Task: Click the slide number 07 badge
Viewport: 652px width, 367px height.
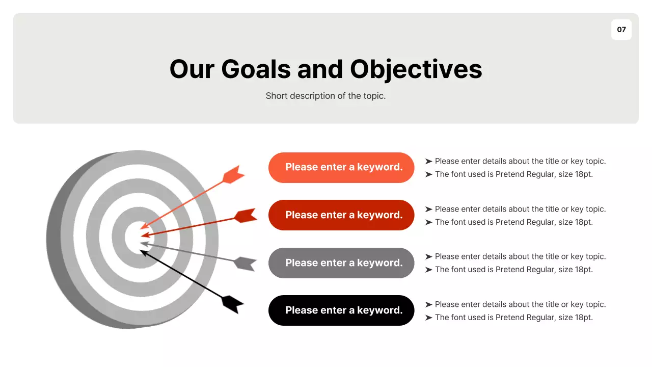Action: pos(621,30)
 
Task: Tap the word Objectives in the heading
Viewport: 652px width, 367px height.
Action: pos(416,69)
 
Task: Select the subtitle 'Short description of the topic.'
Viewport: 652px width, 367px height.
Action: pos(325,96)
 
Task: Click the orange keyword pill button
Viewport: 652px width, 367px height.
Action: pos(341,167)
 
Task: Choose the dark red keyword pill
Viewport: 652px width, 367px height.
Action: pos(341,215)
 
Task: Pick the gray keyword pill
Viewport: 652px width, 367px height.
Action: pos(341,263)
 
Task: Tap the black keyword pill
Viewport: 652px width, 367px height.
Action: pos(341,310)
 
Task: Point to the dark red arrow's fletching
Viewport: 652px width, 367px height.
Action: pos(246,216)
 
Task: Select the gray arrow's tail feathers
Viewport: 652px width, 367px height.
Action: pos(245,264)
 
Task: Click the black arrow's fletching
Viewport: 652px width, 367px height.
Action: pos(233,304)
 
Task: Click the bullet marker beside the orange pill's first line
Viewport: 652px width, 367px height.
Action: pos(428,162)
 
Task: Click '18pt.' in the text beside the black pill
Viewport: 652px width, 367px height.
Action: pos(584,318)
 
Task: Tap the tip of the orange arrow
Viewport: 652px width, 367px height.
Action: pos(142,227)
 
